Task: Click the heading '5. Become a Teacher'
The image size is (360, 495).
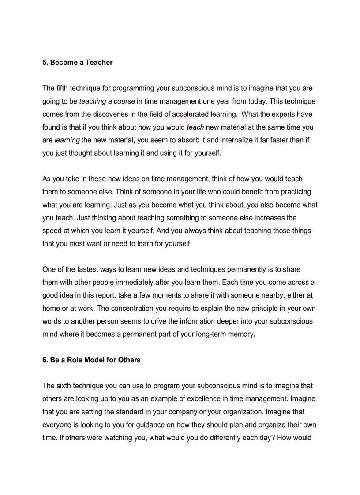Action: [x=77, y=63]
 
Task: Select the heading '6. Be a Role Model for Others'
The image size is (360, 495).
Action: [x=91, y=360]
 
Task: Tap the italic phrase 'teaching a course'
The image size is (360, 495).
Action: [x=107, y=101]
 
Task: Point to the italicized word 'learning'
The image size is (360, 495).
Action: [x=67, y=140]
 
